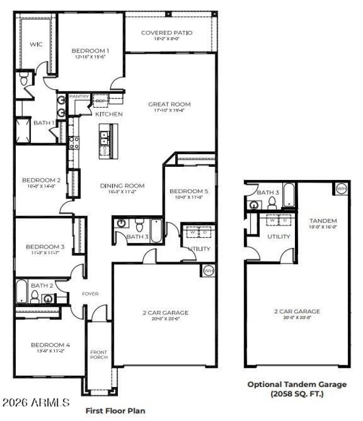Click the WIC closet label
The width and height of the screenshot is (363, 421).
[x=36, y=44]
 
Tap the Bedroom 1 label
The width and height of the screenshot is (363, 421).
[x=90, y=51]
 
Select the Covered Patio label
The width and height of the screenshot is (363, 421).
[x=167, y=33]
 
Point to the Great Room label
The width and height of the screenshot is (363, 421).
[x=169, y=104]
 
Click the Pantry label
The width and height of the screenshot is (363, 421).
[x=79, y=97]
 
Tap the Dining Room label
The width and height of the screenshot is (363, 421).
[x=122, y=185]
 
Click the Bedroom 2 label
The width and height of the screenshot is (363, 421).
[x=41, y=180]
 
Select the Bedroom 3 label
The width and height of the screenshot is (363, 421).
[x=45, y=247]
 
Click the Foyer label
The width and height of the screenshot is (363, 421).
[x=90, y=294]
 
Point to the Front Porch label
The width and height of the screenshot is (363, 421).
[x=98, y=355]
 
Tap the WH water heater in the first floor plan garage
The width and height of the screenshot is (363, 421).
[x=208, y=271]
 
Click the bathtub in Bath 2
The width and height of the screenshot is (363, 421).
[x=21, y=291]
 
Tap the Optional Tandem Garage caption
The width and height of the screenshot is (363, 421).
[x=297, y=388]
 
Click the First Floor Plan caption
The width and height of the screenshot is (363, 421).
[x=116, y=411]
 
